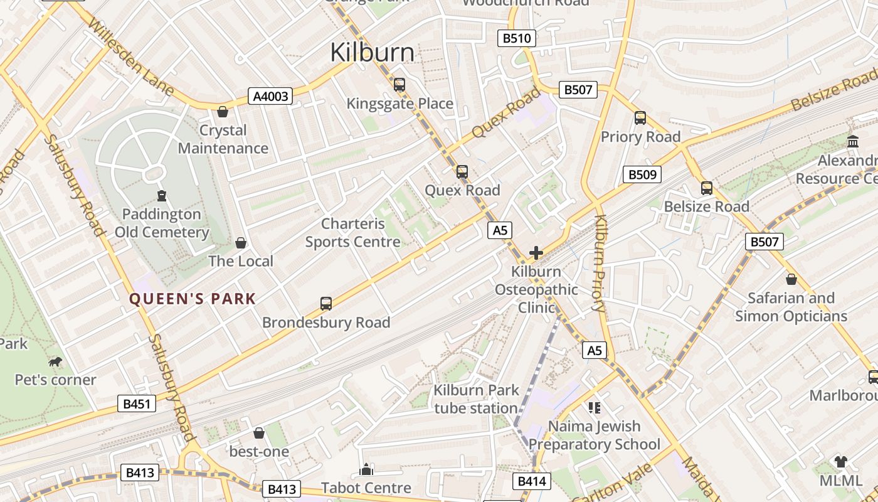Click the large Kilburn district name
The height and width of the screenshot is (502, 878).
372,53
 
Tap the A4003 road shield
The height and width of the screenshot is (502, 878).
271,96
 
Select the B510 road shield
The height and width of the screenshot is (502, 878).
517,38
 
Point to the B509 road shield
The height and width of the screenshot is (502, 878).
642,174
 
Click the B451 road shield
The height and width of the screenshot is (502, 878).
136,403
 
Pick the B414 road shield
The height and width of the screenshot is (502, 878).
532,481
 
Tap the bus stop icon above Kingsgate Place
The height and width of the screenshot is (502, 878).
399,84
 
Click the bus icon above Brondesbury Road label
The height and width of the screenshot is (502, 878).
326,304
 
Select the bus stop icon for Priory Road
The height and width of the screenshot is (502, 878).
640,117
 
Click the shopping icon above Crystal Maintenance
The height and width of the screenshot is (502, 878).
223,112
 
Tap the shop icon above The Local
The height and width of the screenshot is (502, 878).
241,242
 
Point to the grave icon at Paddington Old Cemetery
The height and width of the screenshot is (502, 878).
162,196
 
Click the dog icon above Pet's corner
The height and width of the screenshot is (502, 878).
55,361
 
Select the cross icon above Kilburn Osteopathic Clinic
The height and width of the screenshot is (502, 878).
536,253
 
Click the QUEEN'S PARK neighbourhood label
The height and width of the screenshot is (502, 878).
193,299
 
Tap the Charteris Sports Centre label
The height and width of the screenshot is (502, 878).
352,232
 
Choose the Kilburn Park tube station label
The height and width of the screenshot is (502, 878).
476,399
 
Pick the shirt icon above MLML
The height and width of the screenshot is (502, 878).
840,462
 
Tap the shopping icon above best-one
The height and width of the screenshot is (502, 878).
259,433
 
